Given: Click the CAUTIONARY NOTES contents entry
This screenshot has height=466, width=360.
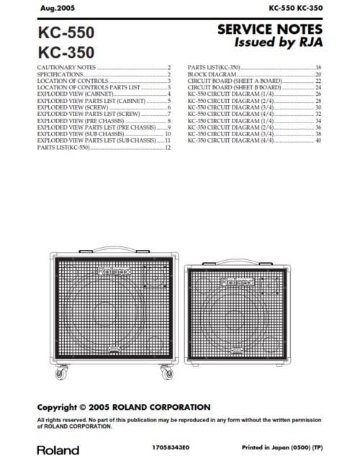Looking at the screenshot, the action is (66, 67).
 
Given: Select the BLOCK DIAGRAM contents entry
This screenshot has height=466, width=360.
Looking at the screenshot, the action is (207, 74).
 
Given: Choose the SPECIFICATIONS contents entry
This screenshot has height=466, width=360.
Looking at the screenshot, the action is (59, 74).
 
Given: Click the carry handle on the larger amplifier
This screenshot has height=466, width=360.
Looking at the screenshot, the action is (112, 252).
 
